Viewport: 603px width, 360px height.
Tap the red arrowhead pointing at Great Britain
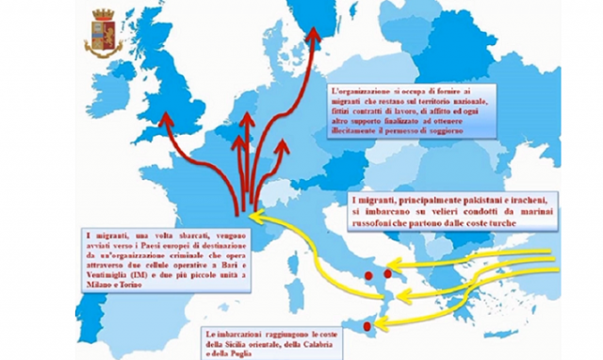click(167, 120)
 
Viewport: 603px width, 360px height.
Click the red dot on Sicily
click(367, 325)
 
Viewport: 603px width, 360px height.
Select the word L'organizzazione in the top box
click(367, 90)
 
